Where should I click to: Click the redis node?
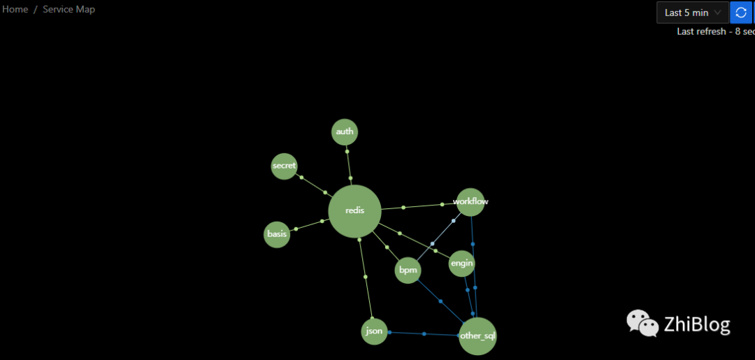coord(355,211)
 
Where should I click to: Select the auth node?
coord(345,132)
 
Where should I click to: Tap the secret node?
coord(284,166)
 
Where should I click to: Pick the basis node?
coord(277,234)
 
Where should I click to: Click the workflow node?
coord(470,202)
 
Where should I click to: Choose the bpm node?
coord(408,270)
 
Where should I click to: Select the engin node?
coord(462,264)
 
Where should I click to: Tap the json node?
coord(375,331)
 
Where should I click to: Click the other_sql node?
coord(477,336)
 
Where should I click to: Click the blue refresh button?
coord(741,13)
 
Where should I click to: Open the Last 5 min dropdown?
coord(692,13)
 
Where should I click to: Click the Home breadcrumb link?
coord(15,9)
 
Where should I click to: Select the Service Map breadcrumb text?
coord(69,9)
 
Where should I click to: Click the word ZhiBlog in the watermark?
coord(697,324)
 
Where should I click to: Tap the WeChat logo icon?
coord(642,323)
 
